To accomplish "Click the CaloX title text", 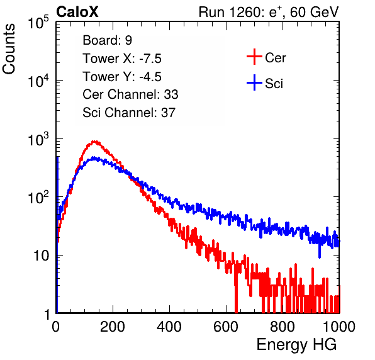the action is pos(77,12).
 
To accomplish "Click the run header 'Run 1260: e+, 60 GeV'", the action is pos(269,12).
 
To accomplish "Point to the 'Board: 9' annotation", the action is pos(107,40).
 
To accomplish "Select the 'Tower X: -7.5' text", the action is pos(122,59).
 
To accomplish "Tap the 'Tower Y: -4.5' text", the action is pos(122,77).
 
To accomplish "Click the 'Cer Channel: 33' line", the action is pos(130,94).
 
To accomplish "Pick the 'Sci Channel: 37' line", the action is pos(129,113).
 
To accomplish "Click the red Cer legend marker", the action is pos(254,57).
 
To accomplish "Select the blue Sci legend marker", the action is pos(254,83).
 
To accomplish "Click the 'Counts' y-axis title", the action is pos(9,49).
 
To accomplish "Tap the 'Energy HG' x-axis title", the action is pos(297,344).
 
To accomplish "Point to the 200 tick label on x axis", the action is pos(113,327).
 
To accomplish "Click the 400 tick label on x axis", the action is pos(169,327).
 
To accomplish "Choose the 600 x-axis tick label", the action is pos(226,327).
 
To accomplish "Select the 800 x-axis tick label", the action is pos(283,327).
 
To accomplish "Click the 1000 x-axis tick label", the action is pos(339,327).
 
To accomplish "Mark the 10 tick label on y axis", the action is pos(42,256).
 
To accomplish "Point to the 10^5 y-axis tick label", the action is pos(38,22).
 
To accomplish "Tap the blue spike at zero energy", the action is pos(57,234).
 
